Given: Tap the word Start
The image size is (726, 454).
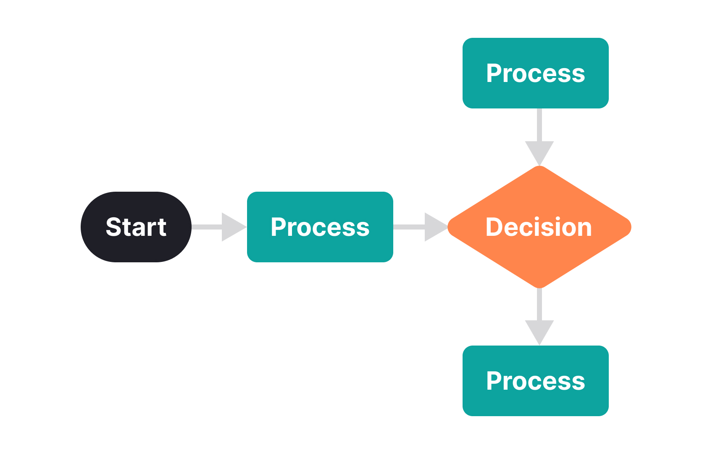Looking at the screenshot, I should click(136, 227).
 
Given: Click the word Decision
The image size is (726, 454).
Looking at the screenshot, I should click(539, 227).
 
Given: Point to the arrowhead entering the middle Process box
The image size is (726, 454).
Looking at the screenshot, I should click(232, 227).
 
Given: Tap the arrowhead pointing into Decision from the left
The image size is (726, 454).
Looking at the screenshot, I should click(435, 227).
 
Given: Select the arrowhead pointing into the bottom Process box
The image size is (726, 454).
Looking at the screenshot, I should click(539, 331).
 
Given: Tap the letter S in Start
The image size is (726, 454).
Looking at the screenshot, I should click(113, 227).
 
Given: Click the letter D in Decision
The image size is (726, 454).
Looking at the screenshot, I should click(494, 227).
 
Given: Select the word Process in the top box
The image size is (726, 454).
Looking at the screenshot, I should click(535, 73).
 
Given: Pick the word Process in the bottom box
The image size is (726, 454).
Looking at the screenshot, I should click(535, 381).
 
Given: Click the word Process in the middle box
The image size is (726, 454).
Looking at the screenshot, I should click(320, 227).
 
